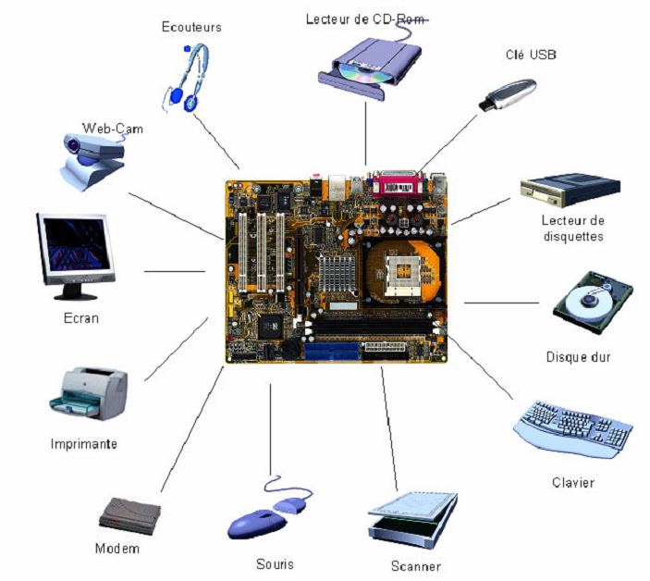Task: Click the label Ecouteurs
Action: click(x=191, y=28)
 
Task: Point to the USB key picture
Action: click(x=507, y=93)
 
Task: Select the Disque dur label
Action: click(x=579, y=356)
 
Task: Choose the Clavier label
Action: click(x=572, y=483)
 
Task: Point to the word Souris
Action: click(x=275, y=562)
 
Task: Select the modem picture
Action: click(x=130, y=513)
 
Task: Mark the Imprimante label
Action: click(x=84, y=444)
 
